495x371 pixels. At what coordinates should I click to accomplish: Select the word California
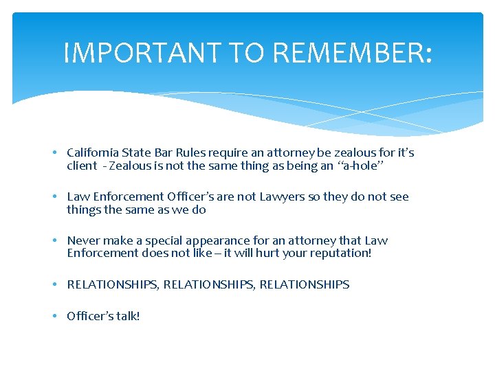pyautogui.click(x=92, y=153)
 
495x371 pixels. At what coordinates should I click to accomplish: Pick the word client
pyautogui.click(x=82, y=166)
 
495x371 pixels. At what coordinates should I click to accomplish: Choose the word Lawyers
pyautogui.click(x=282, y=196)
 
